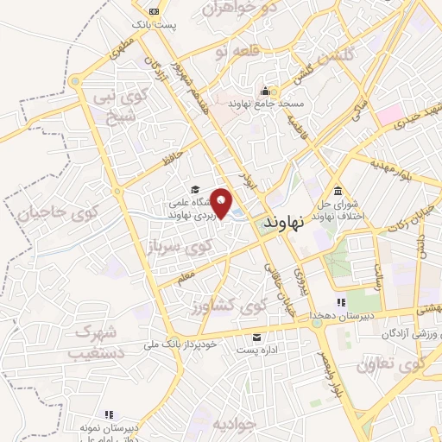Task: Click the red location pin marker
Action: coord(223,203)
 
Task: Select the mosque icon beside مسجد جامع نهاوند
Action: coord(265,91)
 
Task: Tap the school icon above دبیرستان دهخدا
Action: coord(340,302)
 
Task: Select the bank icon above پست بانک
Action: coord(154,11)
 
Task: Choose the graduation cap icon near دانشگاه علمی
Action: coord(195,190)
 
